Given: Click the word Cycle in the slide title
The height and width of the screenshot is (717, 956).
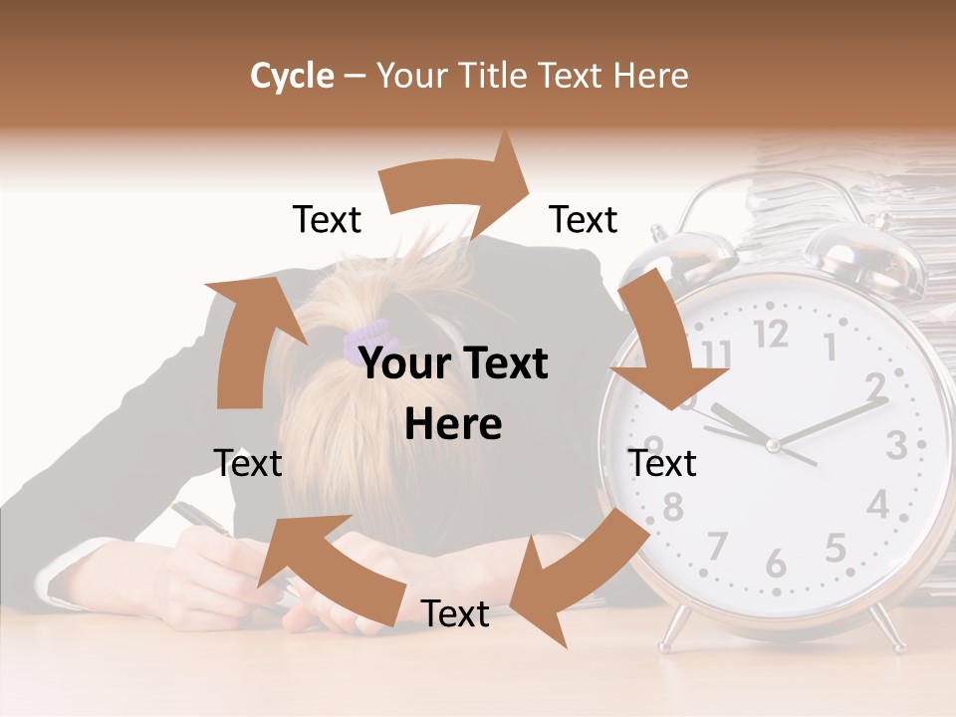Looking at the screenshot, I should pos(292,76).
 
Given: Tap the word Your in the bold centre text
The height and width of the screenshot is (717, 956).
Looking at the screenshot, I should pos(404,364).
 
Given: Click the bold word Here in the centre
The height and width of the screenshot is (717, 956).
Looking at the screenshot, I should pos(453,425).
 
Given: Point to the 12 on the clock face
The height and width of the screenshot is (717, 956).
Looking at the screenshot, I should pos(770,334).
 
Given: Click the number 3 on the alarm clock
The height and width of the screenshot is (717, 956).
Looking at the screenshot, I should pos(895,445).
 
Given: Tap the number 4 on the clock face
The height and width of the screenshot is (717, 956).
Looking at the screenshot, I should pos(876,505).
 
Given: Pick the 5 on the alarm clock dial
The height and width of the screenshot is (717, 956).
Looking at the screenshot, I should pos(835,548).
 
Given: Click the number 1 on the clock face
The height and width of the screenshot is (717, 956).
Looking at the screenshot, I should pos(830,347).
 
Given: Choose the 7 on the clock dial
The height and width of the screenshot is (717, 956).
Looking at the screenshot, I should pos(716,546).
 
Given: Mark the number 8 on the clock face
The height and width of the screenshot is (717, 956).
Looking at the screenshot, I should pos(673,507).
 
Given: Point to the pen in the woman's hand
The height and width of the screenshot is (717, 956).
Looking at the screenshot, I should pos(199,518).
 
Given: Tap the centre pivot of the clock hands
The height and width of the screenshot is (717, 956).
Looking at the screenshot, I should pos(772,445).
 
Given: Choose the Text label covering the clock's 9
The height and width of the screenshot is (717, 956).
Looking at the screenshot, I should pos(662,463).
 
